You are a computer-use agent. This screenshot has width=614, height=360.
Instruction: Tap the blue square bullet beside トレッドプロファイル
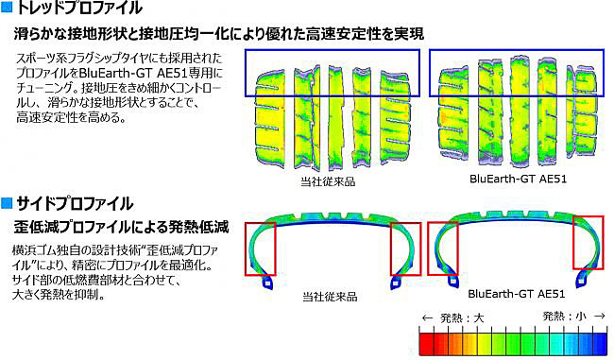tap(7, 10)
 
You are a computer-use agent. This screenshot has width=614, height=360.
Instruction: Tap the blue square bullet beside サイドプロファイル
tap(7, 203)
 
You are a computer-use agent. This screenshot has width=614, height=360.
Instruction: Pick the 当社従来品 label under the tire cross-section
tap(330, 297)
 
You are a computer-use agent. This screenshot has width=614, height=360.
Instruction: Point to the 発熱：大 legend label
tap(452, 317)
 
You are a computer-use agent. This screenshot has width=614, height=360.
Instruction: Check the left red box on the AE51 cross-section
tap(443, 248)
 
